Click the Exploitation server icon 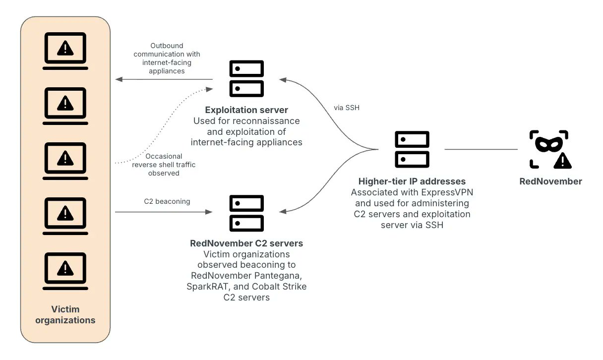pos(246,79)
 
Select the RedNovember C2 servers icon pos(246,213)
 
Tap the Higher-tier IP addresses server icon pos(412,149)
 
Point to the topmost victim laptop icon pos(65,51)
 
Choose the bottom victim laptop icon pos(65,271)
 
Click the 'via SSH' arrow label pos(348,107)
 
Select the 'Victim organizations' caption pos(65,314)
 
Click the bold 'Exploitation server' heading pos(246,110)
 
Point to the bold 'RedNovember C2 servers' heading pos(246,243)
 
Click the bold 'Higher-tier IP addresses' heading pos(412,181)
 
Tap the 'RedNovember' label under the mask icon pos(550,181)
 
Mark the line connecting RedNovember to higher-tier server pos(481,149)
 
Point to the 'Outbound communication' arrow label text pos(167,59)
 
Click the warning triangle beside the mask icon pos(562,160)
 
